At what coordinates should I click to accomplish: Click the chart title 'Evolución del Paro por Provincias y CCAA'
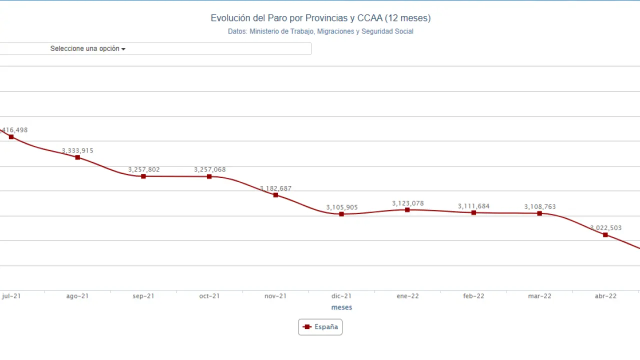tap(320, 18)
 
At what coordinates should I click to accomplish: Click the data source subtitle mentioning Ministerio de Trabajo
tap(320, 31)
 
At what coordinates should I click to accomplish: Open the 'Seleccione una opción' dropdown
tap(88, 48)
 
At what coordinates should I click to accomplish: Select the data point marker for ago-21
tap(77, 157)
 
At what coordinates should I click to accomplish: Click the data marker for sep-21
tap(143, 176)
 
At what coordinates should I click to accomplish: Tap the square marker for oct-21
tap(209, 176)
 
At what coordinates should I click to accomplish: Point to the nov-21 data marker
tap(275, 195)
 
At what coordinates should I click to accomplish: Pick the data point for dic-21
tap(341, 214)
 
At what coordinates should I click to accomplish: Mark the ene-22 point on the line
tap(407, 210)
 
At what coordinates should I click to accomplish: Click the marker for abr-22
tap(605, 234)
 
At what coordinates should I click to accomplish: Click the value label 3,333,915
tap(77, 150)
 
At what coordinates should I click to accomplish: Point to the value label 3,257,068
tap(210, 169)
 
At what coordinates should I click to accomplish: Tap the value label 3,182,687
tap(275, 188)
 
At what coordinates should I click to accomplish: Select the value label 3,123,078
tap(408, 203)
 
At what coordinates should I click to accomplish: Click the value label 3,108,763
tap(540, 206)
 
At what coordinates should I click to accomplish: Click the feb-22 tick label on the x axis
tap(473, 296)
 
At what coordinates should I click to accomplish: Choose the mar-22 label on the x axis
tap(539, 296)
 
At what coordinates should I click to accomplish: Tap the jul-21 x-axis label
tap(11, 296)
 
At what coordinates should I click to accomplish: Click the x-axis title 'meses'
tap(341, 307)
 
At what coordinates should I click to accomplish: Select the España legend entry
tap(320, 327)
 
